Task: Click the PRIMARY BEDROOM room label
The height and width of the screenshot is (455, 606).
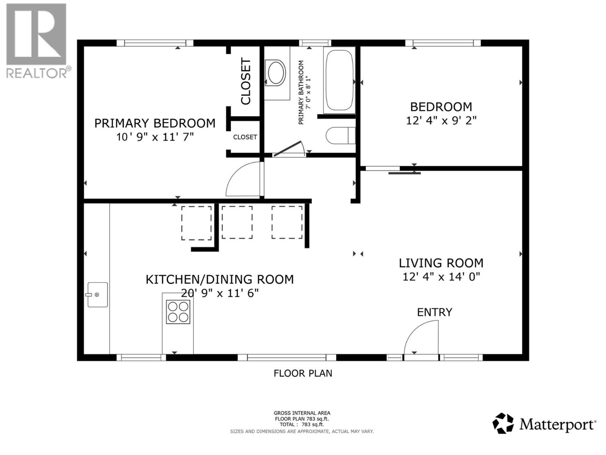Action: (x=155, y=123)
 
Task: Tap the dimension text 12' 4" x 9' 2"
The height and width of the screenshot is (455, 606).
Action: (x=441, y=121)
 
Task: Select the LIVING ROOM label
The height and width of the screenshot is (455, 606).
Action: (x=441, y=263)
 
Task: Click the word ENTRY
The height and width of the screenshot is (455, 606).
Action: (x=434, y=312)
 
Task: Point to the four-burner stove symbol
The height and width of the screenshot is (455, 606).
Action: (x=178, y=312)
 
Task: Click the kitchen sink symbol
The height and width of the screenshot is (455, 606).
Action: (x=97, y=295)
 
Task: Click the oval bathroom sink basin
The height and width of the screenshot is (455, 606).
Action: (x=275, y=72)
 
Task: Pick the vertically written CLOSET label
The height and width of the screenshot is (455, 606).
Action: (x=246, y=81)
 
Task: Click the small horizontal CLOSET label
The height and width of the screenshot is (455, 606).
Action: (x=245, y=137)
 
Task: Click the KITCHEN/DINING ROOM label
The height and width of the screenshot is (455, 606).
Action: (x=220, y=279)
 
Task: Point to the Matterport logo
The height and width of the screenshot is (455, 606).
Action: (x=544, y=424)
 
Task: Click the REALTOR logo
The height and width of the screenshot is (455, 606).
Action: (x=36, y=41)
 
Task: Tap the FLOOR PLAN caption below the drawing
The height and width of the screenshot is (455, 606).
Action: (x=303, y=373)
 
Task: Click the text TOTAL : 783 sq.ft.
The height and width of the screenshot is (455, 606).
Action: (x=301, y=425)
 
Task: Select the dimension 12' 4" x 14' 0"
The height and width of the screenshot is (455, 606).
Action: (x=441, y=277)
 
